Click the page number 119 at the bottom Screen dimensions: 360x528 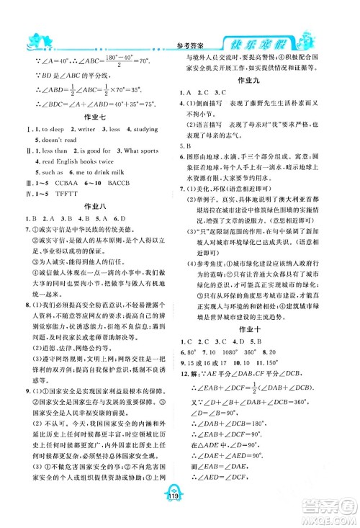point(179,515)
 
